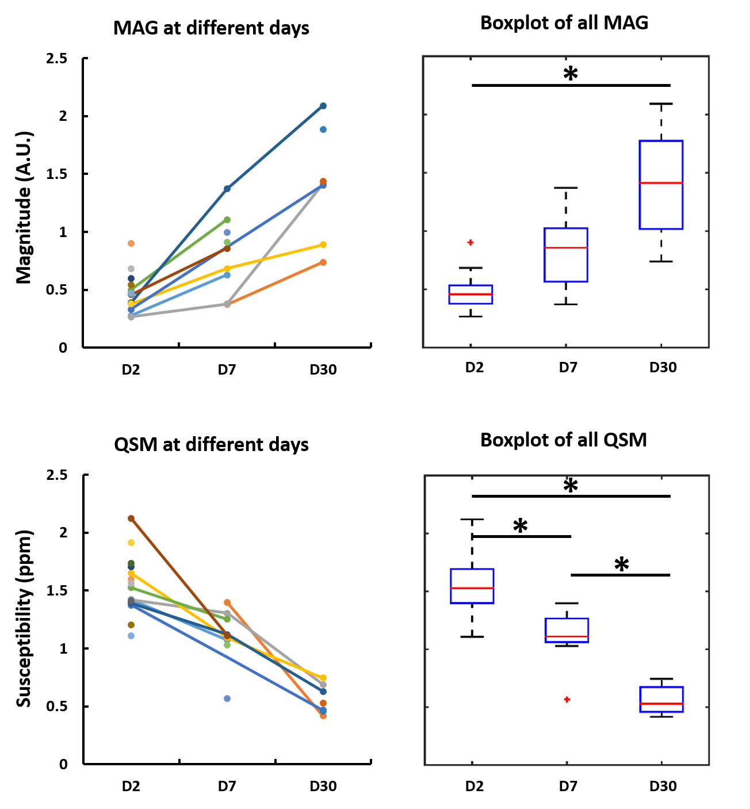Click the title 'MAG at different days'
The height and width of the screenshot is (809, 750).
[x=211, y=28]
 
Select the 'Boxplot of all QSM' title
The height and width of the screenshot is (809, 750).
[x=563, y=440]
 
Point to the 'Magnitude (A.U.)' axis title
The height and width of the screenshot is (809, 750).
[x=24, y=208]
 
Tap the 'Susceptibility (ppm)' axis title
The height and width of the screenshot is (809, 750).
[x=24, y=619]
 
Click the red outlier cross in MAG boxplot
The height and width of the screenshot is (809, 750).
[x=470, y=242]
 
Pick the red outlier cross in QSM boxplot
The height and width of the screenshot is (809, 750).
[x=567, y=699]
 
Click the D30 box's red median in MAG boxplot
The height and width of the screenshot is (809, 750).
[x=661, y=183]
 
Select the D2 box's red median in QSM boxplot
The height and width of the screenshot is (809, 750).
[x=472, y=588]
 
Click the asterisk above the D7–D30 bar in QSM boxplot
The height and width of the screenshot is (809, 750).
[x=621, y=565]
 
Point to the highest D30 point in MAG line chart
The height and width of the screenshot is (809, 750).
[x=323, y=106]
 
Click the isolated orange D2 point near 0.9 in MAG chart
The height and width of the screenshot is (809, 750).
[x=131, y=243]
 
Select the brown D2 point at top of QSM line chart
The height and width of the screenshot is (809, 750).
[x=131, y=518]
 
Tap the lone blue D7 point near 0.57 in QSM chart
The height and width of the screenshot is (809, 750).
[x=227, y=699]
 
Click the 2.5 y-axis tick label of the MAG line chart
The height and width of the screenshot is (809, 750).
[x=58, y=59]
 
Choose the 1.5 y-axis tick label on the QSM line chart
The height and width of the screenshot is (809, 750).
[x=58, y=591]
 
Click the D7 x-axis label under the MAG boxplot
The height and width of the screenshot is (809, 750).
[x=568, y=368]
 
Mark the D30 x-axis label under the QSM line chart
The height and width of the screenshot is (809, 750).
[x=323, y=787]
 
